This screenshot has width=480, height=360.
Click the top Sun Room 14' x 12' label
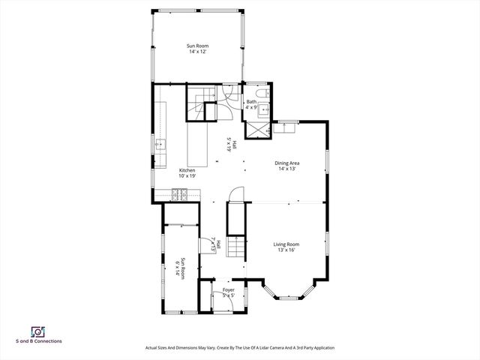[x=198, y=49]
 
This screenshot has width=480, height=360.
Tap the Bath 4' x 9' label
[x=251, y=104]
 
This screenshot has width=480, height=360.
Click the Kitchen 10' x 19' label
[x=187, y=173]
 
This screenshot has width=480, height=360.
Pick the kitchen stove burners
[x=180, y=195]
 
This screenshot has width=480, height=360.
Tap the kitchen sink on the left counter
[x=160, y=145]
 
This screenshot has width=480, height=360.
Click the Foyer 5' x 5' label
[x=228, y=292]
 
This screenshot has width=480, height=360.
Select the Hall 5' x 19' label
[x=232, y=144]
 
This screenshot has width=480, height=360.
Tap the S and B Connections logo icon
[x=37, y=331]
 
